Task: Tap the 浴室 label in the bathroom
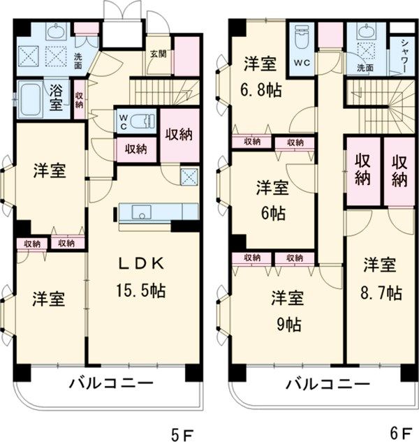tap(56, 98)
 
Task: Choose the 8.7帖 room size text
tap(380, 292)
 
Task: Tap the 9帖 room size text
tap(288, 325)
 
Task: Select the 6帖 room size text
tap(272, 214)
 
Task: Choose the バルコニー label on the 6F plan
tap(328, 383)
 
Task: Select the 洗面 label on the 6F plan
tap(365, 68)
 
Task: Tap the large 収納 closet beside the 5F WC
tap(179, 135)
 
